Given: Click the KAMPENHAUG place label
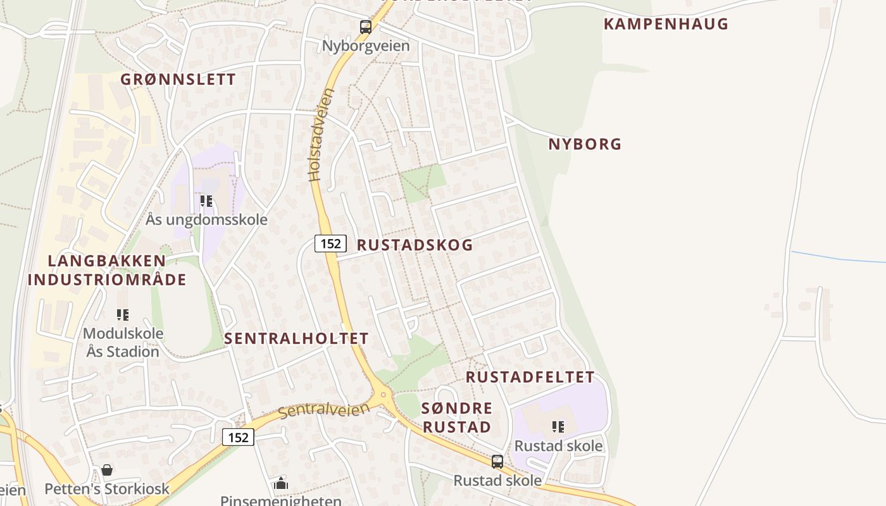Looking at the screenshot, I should tap(666, 24).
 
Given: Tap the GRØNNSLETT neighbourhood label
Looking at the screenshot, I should tap(178, 79).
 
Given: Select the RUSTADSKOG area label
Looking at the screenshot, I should tap(415, 245).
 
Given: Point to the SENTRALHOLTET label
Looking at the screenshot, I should tap(296, 338).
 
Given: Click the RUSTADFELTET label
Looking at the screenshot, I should tap(530, 378).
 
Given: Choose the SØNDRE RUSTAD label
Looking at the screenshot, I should tap(457, 417).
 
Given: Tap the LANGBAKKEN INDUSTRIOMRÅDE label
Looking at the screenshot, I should tap(107, 270).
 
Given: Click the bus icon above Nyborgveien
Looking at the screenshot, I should tap(366, 27).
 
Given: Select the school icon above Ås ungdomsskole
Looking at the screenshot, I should tap(206, 201).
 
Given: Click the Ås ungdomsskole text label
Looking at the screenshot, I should tap(206, 220).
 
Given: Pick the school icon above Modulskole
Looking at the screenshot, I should tap(123, 314).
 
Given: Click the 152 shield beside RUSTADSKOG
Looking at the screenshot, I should tap(330, 243).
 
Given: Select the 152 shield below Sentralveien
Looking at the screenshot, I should tap(238, 436).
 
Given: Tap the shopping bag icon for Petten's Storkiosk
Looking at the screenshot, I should tap(107, 470).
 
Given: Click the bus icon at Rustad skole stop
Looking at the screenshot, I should tap(497, 461).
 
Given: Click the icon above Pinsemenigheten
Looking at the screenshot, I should tap(281, 484).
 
